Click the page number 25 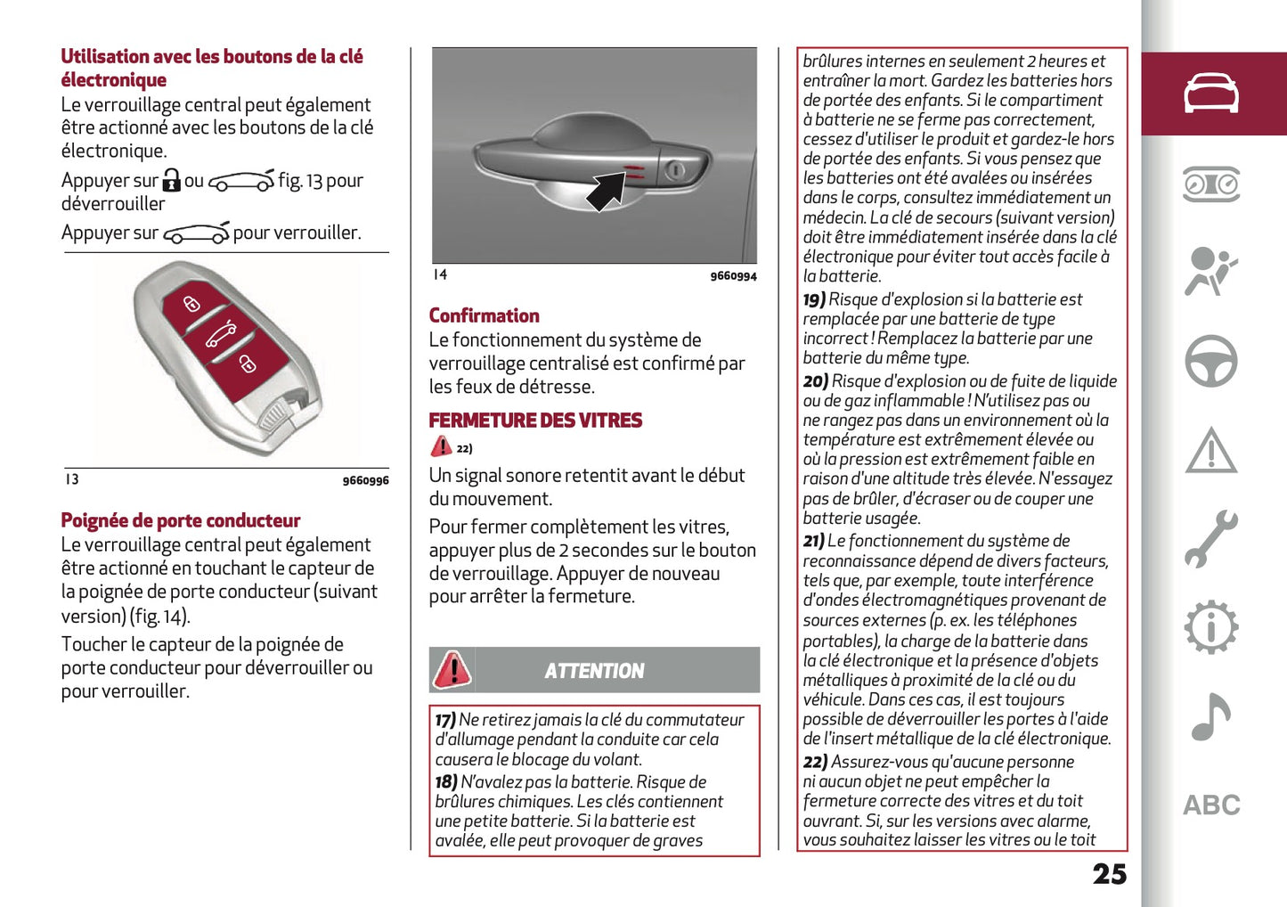(1109, 874)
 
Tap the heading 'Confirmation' (484, 315)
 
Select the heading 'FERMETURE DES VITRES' (535, 421)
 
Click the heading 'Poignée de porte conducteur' (180, 520)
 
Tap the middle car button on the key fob (222, 335)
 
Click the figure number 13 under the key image (72, 479)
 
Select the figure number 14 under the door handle (440, 274)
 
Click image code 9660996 (365, 481)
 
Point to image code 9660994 (733, 276)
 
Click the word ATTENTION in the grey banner (594, 671)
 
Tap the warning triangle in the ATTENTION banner (452, 670)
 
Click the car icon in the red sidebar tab (1210, 94)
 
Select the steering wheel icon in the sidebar (1210, 361)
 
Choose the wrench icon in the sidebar (1210, 539)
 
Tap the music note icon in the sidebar (1210, 716)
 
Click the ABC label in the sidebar (1210, 805)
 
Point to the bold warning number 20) (815, 381)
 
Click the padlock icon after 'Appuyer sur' (172, 181)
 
